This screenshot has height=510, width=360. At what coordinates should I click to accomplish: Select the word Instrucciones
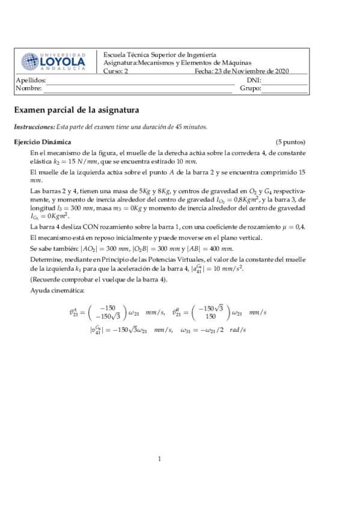[x=34, y=127]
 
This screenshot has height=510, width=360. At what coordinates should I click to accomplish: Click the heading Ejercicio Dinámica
[x=42, y=143]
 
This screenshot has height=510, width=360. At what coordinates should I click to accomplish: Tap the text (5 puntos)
[x=290, y=143]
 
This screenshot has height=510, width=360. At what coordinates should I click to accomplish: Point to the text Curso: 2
[x=116, y=71]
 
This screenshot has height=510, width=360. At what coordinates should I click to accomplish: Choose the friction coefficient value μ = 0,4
[x=291, y=227]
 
